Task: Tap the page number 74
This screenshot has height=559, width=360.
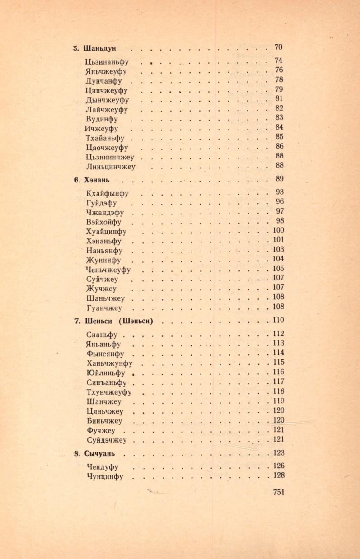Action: (x=279, y=61)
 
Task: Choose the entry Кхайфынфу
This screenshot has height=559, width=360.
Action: (x=107, y=193)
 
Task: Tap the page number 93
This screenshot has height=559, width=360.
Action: (x=279, y=191)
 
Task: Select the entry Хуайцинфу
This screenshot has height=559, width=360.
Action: (x=106, y=232)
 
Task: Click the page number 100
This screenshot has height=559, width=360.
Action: (x=278, y=230)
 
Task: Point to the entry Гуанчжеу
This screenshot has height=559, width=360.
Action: (x=104, y=308)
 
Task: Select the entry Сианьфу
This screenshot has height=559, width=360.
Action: (x=102, y=335)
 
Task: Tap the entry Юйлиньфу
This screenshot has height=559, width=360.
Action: (x=105, y=373)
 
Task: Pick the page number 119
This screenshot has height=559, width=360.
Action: (x=278, y=401)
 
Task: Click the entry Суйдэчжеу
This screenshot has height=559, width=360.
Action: (x=106, y=440)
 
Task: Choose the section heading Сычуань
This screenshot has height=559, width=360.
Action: (x=102, y=453)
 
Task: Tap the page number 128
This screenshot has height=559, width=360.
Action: (x=278, y=475)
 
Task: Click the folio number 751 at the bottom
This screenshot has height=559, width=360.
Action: (x=279, y=493)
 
